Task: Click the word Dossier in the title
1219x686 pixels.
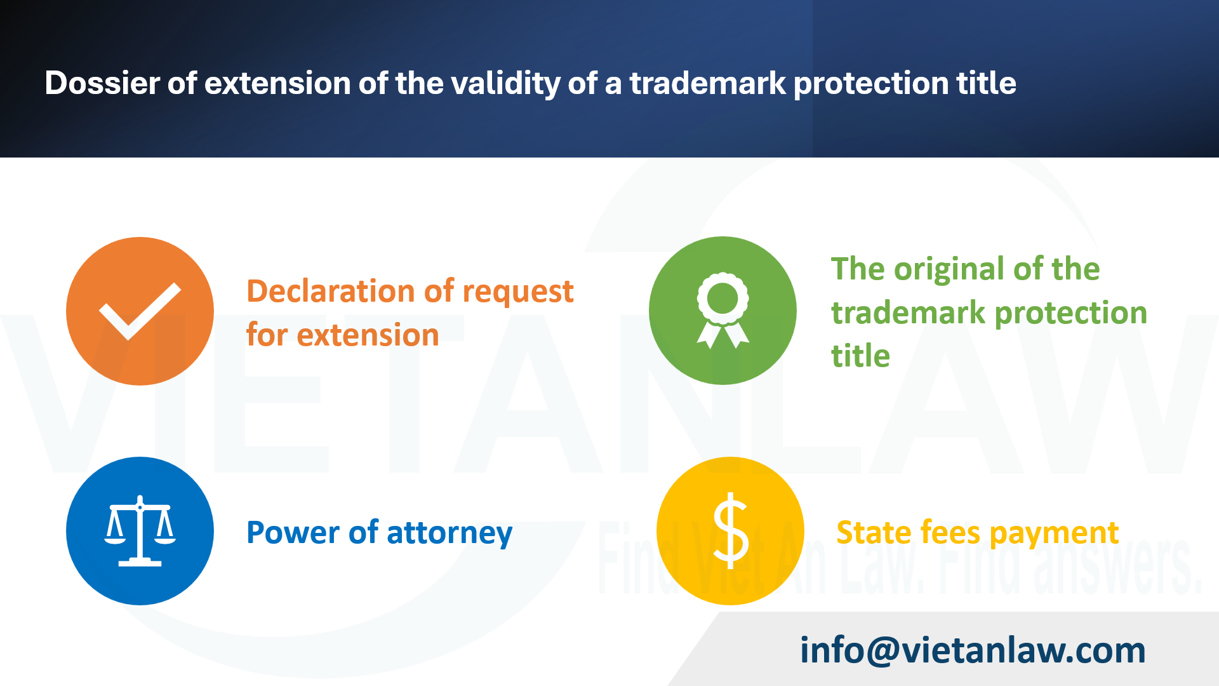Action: (x=102, y=83)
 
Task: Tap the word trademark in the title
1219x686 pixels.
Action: (x=707, y=83)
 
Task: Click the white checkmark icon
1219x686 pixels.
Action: (x=140, y=311)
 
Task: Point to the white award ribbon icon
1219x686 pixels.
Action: (x=723, y=311)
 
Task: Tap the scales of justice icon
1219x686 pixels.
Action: (x=140, y=531)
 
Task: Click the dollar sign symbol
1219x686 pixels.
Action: (x=730, y=531)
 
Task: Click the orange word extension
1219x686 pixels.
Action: (x=368, y=335)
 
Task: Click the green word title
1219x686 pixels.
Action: (x=860, y=356)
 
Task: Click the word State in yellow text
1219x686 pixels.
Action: (x=873, y=532)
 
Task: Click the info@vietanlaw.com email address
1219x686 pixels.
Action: (x=973, y=650)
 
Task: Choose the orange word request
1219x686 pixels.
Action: (x=518, y=292)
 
